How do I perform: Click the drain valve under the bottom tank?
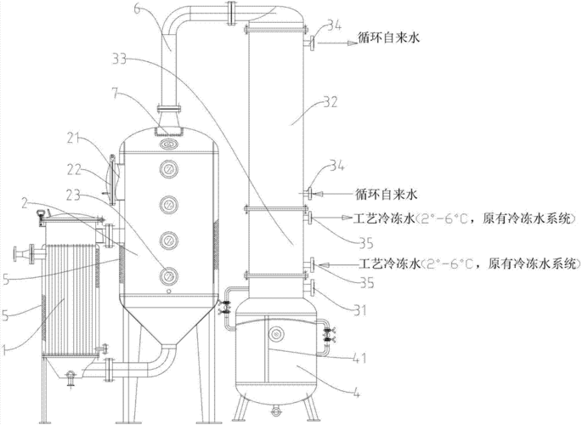point(274,411)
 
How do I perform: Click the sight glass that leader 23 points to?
point(168,275)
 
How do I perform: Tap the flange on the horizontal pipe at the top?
point(231,14)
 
